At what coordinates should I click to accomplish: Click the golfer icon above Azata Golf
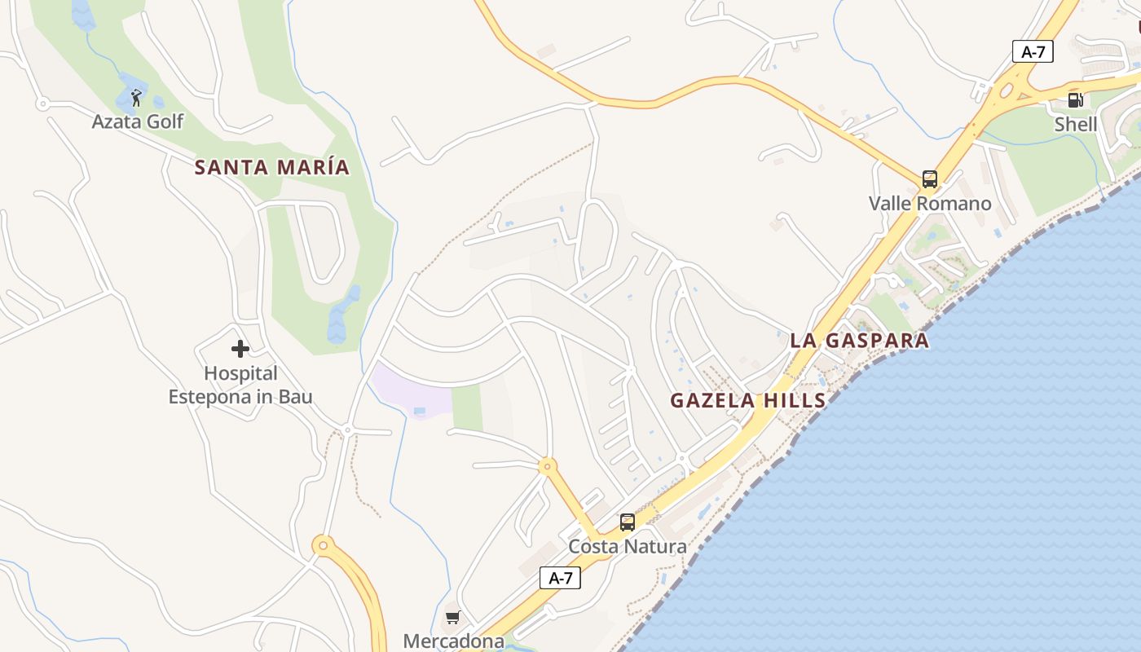click(x=136, y=99)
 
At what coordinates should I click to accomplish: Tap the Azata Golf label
click(x=138, y=122)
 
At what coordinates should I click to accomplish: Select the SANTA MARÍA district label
click(x=272, y=168)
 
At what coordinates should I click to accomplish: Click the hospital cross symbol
click(x=240, y=349)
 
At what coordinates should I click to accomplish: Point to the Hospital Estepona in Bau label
click(x=240, y=385)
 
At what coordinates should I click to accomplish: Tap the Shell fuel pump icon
click(x=1075, y=100)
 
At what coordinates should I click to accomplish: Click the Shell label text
click(x=1076, y=125)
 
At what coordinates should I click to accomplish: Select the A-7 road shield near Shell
click(x=1033, y=52)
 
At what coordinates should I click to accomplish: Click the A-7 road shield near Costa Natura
click(x=561, y=579)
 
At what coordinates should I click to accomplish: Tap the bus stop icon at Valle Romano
click(x=929, y=179)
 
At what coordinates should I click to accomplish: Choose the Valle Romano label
click(x=930, y=204)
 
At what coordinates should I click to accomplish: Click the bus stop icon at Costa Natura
click(x=627, y=522)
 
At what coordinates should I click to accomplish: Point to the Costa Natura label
click(x=628, y=546)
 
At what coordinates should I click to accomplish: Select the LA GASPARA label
click(x=860, y=341)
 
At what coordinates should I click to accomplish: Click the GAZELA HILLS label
click(x=748, y=401)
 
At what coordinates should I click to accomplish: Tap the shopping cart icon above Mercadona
click(x=453, y=617)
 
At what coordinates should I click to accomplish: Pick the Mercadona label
click(x=453, y=641)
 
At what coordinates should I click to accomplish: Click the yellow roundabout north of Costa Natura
click(x=547, y=467)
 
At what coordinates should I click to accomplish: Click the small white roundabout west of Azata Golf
click(x=42, y=104)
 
